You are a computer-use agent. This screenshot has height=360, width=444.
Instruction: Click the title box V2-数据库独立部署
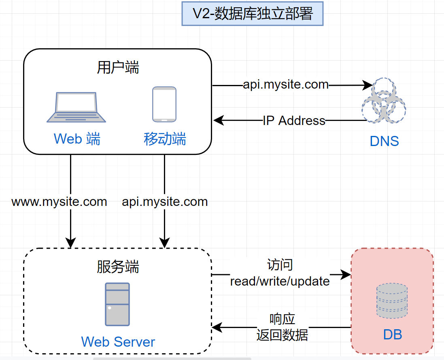pos(253,14)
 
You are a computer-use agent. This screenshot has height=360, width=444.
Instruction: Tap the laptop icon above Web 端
pos(76,107)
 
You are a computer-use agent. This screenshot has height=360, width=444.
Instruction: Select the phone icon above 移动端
pos(164,104)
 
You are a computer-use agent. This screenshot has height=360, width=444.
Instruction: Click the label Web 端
pos(77,139)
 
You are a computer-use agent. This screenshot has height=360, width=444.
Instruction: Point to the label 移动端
pos(165,139)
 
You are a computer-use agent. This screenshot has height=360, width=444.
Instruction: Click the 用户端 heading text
pos(118,67)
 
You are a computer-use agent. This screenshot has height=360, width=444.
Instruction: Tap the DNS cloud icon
pos(383,101)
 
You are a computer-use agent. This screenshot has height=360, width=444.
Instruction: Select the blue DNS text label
pos(384,141)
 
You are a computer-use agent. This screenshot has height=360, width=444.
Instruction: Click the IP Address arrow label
pos(294,121)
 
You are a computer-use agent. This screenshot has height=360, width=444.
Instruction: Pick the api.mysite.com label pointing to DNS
pos(286,85)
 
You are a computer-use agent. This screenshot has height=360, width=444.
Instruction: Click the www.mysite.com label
pos(59,201)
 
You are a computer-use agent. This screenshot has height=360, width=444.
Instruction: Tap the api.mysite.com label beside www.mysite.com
pos(165,201)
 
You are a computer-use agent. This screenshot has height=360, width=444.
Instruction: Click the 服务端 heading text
pos(118,267)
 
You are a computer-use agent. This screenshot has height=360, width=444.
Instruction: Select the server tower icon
pos(117,304)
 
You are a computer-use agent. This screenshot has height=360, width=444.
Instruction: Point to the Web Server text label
pos(118,342)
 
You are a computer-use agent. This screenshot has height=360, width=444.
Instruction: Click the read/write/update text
pos(280,281)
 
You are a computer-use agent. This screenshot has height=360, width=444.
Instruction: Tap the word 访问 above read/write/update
pos(280,265)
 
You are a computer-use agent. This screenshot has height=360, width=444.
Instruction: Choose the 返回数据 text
pos(282,335)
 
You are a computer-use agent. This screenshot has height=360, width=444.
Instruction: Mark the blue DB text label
pos(392,335)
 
